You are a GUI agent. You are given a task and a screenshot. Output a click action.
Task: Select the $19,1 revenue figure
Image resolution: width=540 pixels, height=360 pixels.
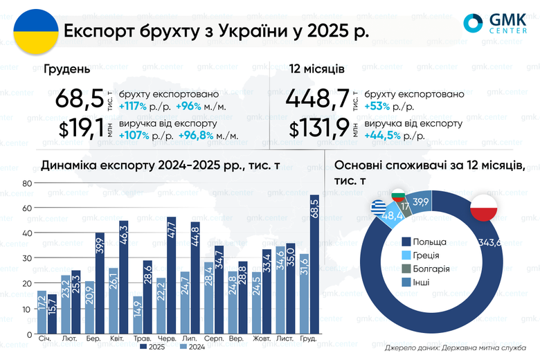coord(79,128)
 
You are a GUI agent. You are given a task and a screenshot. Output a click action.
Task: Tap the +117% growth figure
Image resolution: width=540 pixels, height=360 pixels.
coord(134,106)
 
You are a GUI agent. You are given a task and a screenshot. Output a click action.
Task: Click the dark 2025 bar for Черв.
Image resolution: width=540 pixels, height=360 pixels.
coord(172,276)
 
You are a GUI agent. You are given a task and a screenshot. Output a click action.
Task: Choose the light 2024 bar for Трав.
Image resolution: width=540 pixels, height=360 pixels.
coord(138,315)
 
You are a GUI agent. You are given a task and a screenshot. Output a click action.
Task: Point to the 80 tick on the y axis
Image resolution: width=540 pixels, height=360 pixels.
coord(27,183)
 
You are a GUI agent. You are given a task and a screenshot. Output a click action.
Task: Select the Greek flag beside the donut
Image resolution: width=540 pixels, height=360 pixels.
coord(378,207)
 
